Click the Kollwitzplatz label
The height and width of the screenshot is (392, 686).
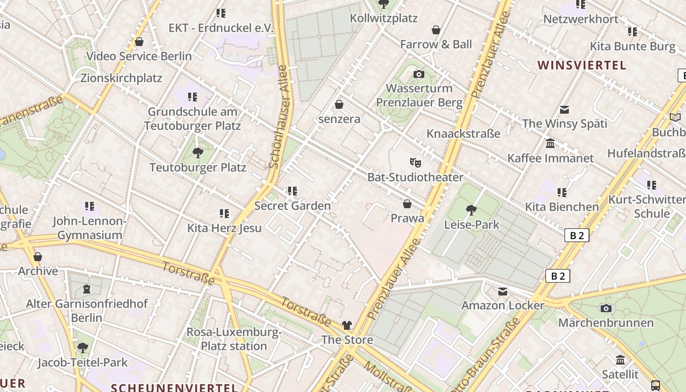coord(384,18)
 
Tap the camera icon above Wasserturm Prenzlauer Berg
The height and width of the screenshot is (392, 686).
coord(419,74)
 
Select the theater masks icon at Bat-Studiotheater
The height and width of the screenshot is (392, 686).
coord(416,162)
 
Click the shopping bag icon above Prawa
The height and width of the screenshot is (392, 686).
coord(407,203)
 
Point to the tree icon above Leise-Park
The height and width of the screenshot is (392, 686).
coord(471,210)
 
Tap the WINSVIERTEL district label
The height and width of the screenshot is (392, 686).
coord(582,65)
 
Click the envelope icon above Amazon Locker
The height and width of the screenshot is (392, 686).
coord(503,292)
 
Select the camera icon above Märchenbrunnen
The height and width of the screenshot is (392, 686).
coord(606,308)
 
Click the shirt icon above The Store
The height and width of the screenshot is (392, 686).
coord(347,325)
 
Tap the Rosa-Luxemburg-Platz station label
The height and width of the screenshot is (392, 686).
coord(234,339)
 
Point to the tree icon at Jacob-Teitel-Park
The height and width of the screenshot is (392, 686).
coord(83,348)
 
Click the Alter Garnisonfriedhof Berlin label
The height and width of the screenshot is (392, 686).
coord(87,311)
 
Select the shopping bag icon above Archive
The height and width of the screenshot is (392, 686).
coord(38,257)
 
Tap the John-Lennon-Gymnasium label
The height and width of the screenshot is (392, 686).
coord(89,228)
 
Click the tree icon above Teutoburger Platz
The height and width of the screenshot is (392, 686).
coord(198,153)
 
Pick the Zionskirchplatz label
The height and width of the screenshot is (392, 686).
coord(121,78)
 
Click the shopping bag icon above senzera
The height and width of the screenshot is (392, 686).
coord(339,104)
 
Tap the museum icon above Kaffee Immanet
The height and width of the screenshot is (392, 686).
coord(550,144)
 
